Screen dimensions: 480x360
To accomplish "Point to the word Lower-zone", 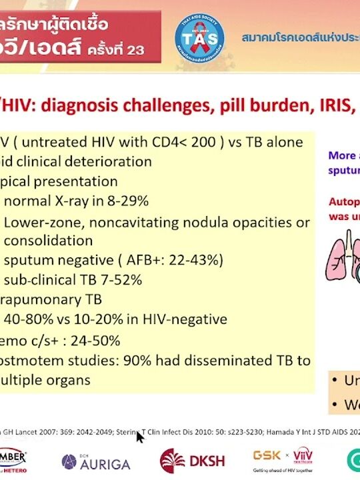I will (39, 222).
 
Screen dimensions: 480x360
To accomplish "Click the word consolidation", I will (49, 241).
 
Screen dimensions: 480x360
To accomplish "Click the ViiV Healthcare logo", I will (303, 456).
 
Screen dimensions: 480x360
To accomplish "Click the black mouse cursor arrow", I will (140, 437).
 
